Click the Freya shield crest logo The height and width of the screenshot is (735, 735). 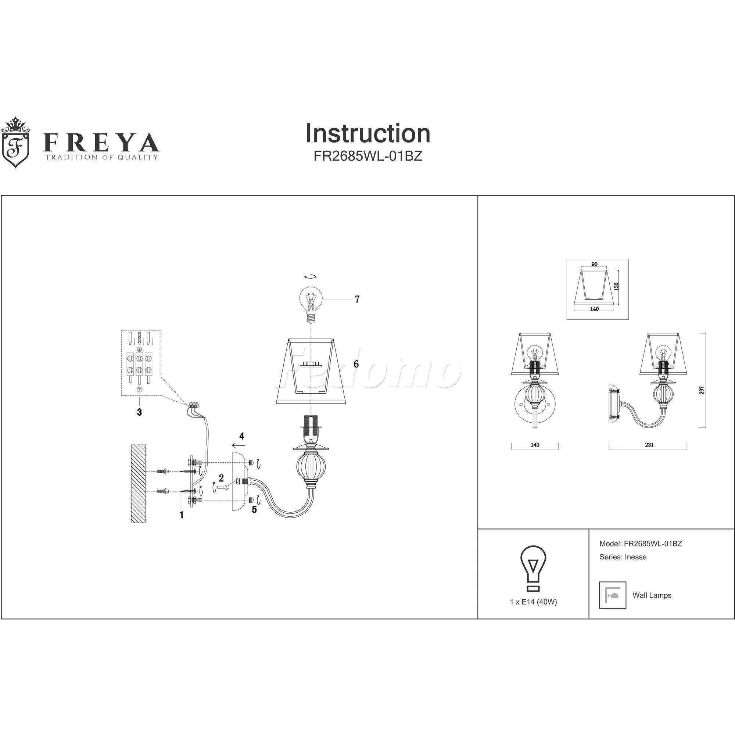point(15,142)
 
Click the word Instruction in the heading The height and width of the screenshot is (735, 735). point(367,133)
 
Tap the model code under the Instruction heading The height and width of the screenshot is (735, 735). point(367,156)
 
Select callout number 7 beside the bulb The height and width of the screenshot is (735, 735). point(357,300)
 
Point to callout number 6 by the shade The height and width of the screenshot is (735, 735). point(356,364)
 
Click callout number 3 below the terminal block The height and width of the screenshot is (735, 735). point(139,412)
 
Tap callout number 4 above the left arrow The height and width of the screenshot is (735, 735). point(241,436)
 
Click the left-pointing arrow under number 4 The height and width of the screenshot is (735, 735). point(239,445)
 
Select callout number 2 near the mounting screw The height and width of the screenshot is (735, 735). point(221,478)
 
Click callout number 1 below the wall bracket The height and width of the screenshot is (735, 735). point(182,515)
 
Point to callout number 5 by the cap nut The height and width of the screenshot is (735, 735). point(254,509)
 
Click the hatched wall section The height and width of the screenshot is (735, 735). point(138,483)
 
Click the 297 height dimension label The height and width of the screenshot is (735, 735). point(702,390)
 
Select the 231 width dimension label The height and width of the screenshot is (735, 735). point(649,445)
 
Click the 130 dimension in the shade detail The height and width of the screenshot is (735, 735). point(617,286)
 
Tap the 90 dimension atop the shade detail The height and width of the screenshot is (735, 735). point(595,264)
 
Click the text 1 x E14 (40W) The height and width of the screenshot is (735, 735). point(533,602)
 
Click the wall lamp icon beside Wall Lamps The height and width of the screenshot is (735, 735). point(613,595)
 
